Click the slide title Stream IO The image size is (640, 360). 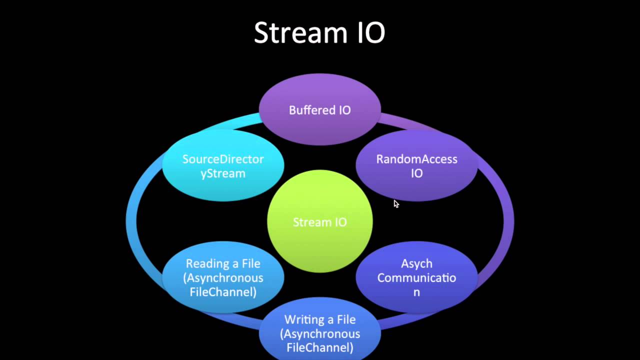tap(319, 33)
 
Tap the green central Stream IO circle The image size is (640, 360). tap(320, 240)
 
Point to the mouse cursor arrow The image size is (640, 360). tap(395, 203)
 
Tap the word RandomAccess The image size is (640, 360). tap(416, 159)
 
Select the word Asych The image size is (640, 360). tap(416, 263)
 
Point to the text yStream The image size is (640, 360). tap(223, 173)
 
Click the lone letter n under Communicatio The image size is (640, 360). tap(416, 292)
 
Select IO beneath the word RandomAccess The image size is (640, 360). tap(416, 173)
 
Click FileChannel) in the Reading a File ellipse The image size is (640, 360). tap(223, 292)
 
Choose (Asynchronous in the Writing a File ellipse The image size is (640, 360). tap(320, 333)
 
